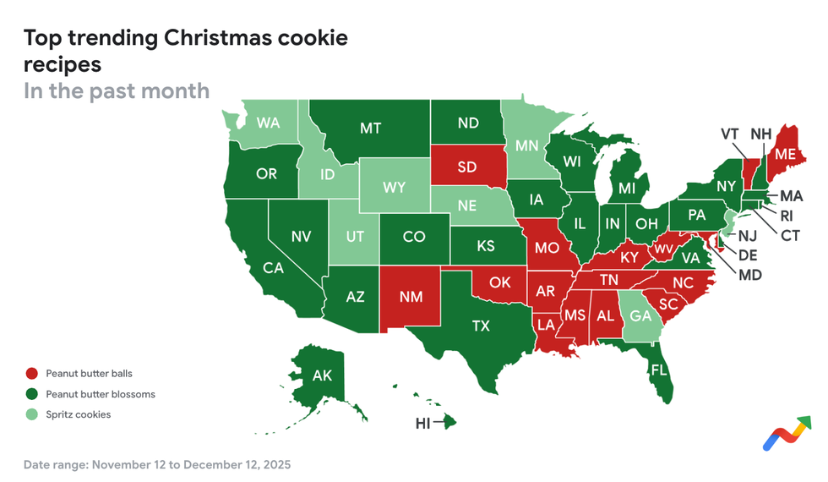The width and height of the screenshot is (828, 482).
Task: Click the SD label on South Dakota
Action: coord(467,167)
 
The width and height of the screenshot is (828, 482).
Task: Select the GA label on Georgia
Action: coord(641,315)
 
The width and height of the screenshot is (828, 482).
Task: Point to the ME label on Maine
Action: coord(785,154)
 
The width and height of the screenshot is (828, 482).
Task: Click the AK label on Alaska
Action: coord(322,375)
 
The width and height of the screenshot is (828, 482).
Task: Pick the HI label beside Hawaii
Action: coord(423,423)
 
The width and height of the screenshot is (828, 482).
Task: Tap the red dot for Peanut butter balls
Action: coord(32,373)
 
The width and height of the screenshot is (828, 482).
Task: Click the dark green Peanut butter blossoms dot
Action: coord(32,394)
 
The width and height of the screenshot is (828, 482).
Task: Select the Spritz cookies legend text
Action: coord(78,414)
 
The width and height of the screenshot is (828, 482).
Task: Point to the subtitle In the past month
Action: coord(117,90)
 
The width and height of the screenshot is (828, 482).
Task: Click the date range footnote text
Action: coord(156,464)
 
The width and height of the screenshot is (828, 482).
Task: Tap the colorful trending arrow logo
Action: coord(787,432)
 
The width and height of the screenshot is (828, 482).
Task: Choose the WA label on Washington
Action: coord(269,123)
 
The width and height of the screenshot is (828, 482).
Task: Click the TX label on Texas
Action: coord(481,326)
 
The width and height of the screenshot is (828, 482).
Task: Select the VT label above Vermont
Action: coord(730,134)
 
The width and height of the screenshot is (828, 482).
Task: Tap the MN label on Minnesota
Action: coord(527,145)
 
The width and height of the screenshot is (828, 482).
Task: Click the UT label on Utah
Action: coord(355,237)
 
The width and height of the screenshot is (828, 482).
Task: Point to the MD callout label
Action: coord(749,275)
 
